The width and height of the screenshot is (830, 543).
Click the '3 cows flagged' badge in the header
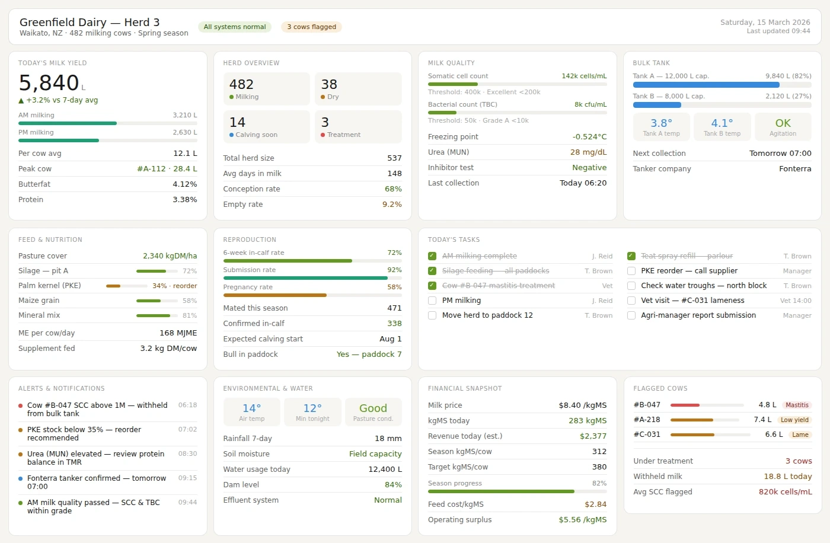[x=311, y=27]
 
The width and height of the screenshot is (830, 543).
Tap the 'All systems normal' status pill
[x=235, y=27]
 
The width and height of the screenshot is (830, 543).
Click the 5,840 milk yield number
[x=49, y=83]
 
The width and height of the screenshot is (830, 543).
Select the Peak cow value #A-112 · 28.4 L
[x=167, y=169]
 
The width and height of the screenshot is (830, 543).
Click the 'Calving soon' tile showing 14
[x=266, y=127]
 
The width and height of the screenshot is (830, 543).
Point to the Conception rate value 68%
[x=393, y=189]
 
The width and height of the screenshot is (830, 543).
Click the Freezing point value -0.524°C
[x=589, y=137]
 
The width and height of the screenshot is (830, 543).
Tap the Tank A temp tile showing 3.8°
[x=661, y=127]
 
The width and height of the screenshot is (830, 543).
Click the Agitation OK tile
[x=783, y=127]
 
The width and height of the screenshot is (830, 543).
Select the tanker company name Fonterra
[x=794, y=169]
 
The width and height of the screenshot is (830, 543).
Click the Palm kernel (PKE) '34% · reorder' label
[x=174, y=286]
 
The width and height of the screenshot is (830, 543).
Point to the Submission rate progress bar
[x=312, y=278]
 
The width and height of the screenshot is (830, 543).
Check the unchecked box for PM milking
[x=432, y=301]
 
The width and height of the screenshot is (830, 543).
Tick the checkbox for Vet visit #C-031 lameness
[x=631, y=301]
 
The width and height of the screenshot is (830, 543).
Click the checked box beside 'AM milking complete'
[x=432, y=256]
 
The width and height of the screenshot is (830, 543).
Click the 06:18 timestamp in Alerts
[x=187, y=405]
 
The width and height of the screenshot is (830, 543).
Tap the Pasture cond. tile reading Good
[x=373, y=412]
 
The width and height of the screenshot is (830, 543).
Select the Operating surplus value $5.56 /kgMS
[x=582, y=520]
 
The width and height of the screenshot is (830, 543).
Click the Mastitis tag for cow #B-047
[x=796, y=405]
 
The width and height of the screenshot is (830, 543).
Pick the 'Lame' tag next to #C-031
[x=800, y=435]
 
